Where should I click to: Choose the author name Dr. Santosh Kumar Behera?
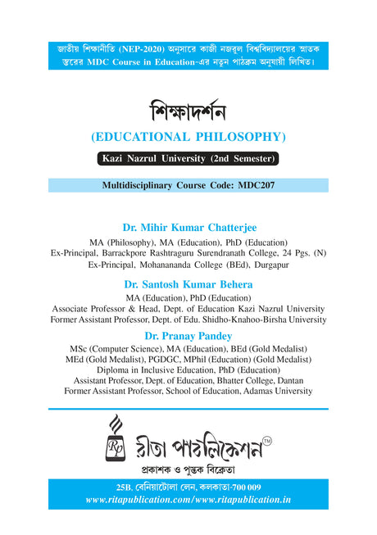click(x=188, y=283)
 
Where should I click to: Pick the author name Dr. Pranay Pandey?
click(x=188, y=336)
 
